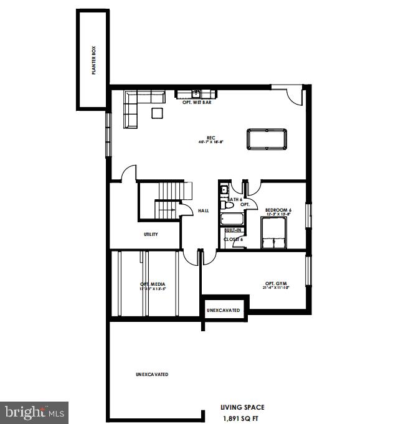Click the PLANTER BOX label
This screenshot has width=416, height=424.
[x=93, y=61]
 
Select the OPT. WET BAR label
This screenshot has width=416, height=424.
[x=197, y=102]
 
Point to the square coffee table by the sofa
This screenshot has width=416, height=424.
[x=157, y=113]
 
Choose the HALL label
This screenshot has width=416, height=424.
[x=203, y=211]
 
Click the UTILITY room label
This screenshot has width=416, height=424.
[x=151, y=234]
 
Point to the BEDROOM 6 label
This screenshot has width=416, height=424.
[x=278, y=210]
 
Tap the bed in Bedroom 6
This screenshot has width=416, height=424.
[x=274, y=234]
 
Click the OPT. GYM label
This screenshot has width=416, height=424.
[x=277, y=285]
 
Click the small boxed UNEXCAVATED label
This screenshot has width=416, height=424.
[x=224, y=309]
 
